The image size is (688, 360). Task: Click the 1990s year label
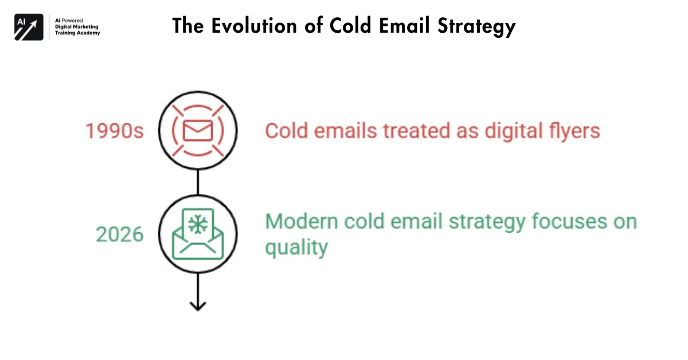pyautogui.click(x=115, y=131)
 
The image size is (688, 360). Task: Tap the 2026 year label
pyautogui.click(x=119, y=234)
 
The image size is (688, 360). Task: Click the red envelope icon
pyautogui.click(x=197, y=131)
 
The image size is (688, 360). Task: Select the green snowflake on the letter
pyautogui.click(x=198, y=224)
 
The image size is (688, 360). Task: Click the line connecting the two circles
pyautogui.click(x=198, y=182)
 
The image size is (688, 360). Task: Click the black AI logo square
pyautogui.click(x=29, y=26)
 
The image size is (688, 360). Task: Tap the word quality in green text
pyautogui.click(x=296, y=248)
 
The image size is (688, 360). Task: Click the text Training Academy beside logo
pyautogui.click(x=77, y=33)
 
